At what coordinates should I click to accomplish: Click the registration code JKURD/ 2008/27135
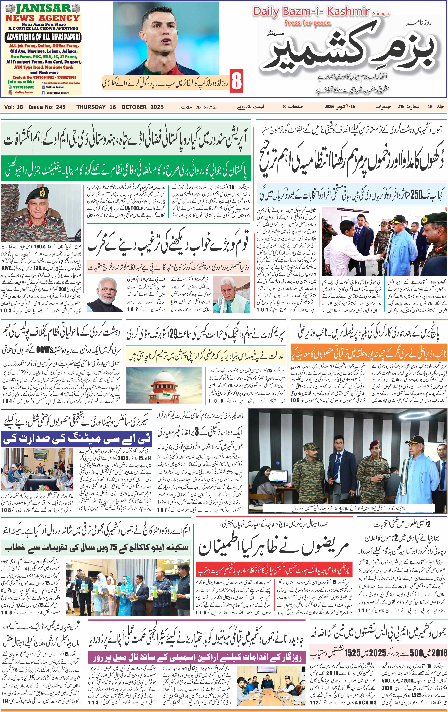click(198, 107)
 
